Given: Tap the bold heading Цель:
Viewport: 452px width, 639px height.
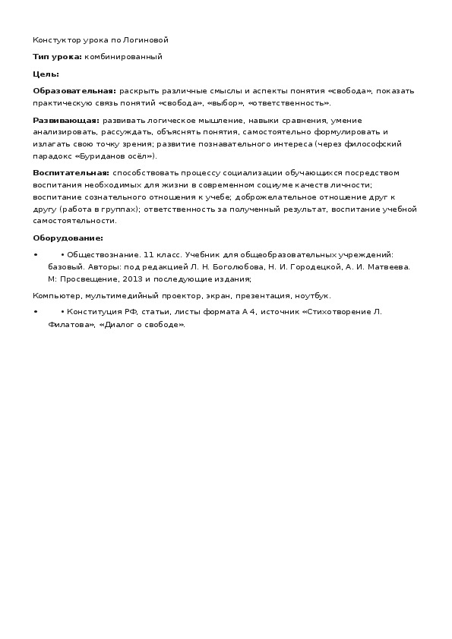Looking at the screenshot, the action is pyautogui.click(x=46, y=74).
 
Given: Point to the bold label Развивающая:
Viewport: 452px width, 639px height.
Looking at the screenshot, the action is pyautogui.click(x=66, y=121).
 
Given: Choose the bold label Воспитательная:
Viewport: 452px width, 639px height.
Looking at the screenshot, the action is pyautogui.click(x=71, y=173).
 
